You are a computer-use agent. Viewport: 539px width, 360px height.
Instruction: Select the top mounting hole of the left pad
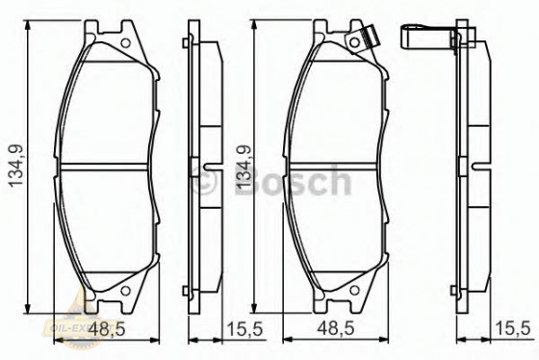(124, 42)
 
